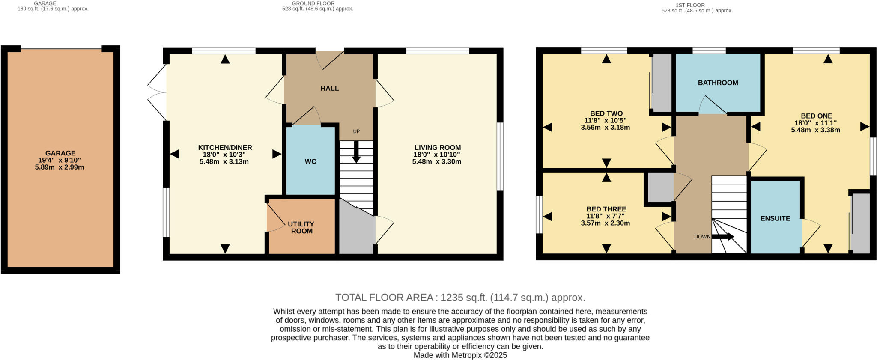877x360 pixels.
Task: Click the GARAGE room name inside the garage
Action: [60, 153]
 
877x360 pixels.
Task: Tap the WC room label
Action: [310, 161]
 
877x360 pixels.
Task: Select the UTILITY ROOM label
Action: [301, 227]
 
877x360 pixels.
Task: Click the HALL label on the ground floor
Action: [329, 88]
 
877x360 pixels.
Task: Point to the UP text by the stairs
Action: [356, 131]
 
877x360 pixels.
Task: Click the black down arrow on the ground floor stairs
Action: [356, 152]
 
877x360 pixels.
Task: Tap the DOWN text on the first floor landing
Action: [702, 237]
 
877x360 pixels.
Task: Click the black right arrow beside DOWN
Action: [724, 237]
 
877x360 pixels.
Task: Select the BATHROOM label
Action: [718, 83]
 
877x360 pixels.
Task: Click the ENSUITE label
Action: [775, 218]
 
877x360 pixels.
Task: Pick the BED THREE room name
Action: [606, 209]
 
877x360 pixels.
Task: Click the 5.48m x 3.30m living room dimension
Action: [437, 161]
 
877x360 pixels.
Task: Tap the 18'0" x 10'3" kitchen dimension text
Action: [224, 155]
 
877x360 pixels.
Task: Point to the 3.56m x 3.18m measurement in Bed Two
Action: [605, 127]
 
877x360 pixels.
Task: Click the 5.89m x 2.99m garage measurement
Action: [60, 167]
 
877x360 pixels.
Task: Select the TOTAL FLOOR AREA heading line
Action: [460, 298]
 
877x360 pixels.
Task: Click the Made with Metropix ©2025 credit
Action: [460, 355]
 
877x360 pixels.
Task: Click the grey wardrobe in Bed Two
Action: [662, 82]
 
